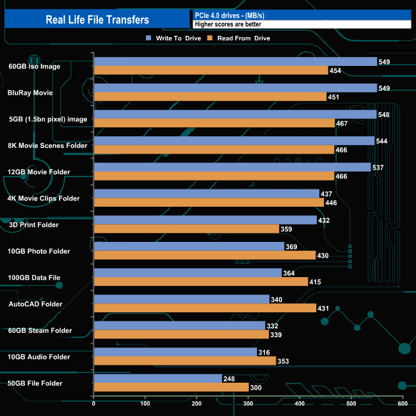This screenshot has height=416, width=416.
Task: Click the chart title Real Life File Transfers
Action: pos(97,20)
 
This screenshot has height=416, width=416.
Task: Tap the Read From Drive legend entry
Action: pos(243,38)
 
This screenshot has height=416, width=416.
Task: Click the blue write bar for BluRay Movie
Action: pos(234,88)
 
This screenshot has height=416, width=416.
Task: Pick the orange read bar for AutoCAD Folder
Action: pos(205,308)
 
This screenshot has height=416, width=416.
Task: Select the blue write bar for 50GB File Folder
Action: pos(157,378)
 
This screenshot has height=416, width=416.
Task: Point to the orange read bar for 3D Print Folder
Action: pos(186,228)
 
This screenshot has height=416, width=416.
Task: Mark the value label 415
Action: pos(317,282)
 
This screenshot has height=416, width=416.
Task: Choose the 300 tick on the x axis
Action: pos(248,403)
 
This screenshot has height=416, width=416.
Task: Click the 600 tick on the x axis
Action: pos(402,403)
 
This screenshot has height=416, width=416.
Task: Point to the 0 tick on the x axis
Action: pos(94,403)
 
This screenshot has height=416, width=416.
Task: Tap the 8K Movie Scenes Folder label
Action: pos(47,145)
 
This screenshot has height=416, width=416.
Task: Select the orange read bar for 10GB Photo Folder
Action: pos(204,255)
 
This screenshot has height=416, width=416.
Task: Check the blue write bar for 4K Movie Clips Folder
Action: pos(206,193)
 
